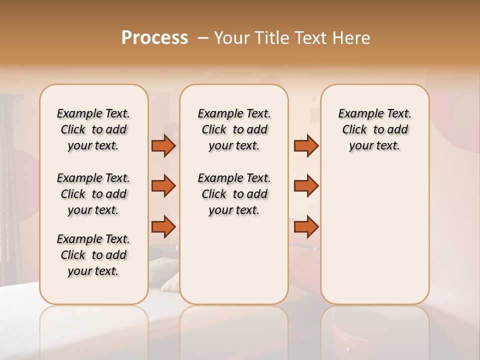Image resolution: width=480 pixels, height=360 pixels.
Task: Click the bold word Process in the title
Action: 154,38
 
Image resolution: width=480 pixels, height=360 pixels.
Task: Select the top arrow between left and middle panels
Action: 163,145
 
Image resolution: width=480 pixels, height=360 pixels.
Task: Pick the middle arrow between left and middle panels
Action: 163,186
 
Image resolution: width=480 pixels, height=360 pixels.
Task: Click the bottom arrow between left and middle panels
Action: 163,226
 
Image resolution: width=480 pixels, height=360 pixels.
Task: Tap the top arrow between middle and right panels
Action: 306,145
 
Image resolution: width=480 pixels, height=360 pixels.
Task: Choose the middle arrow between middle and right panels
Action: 306,186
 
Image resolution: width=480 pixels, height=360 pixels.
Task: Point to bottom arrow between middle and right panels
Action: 306,226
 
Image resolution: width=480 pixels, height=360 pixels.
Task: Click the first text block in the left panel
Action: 93,129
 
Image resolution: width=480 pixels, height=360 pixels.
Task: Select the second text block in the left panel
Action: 93,194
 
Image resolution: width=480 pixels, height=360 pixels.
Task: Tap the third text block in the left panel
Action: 93,255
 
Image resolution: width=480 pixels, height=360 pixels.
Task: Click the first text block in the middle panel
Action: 234,129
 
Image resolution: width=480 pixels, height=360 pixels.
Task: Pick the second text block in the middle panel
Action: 234,194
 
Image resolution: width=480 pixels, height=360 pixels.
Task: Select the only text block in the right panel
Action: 374,129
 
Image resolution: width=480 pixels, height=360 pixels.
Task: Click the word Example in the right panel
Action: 357,113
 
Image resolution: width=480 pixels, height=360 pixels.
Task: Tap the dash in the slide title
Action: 202,38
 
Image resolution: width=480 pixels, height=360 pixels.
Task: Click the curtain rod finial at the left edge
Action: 21,96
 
